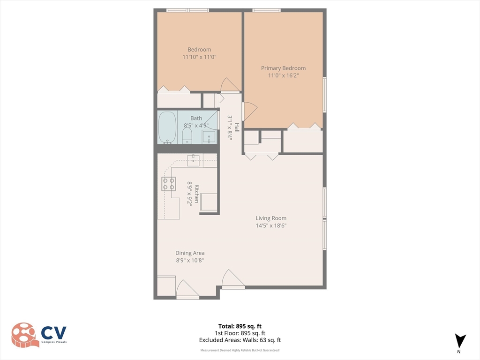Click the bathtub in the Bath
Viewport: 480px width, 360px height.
point(167,127)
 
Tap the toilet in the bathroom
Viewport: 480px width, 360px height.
point(187,135)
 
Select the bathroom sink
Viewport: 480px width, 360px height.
point(210,136)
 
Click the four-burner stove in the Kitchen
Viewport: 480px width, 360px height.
point(169,184)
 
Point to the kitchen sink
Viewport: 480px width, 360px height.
point(194,160)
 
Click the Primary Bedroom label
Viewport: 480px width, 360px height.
point(283,68)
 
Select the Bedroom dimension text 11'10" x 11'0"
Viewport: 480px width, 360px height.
point(200,57)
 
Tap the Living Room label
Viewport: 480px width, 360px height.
point(271,218)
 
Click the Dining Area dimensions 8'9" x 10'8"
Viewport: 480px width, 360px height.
point(190,261)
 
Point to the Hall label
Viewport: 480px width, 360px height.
point(237,127)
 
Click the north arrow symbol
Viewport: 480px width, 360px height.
point(460,341)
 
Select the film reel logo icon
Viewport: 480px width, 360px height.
point(25,335)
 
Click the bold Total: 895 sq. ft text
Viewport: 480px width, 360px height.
point(240,326)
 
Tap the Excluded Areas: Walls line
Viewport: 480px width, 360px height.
point(240,340)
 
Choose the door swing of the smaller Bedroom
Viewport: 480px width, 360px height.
point(230,85)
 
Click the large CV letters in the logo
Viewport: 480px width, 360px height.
point(54,333)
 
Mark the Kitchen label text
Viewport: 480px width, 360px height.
point(196,194)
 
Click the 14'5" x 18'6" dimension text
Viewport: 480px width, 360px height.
point(271,225)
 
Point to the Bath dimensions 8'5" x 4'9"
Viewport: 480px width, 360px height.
point(196,126)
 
